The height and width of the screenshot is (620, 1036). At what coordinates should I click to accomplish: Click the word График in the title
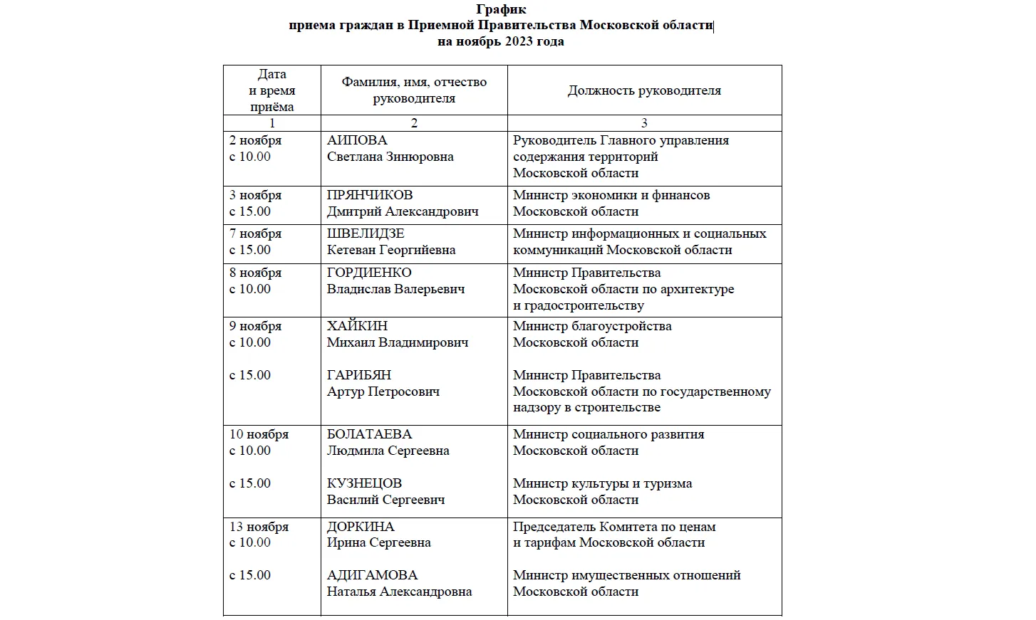[501, 9]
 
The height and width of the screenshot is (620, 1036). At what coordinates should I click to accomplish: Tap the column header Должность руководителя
[644, 90]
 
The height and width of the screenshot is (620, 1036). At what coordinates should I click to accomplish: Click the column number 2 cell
[414, 123]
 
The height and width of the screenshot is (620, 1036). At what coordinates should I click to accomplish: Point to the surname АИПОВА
[356, 140]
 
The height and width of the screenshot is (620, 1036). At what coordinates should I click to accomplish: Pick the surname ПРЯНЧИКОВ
[369, 195]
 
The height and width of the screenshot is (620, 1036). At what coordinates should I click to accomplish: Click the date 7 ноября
[255, 233]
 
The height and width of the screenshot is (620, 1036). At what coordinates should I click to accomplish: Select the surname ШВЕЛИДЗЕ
[365, 233]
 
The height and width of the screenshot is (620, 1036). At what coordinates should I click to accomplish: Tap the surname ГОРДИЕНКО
[368, 273]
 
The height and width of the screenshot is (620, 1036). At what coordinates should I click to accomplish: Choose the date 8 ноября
[255, 273]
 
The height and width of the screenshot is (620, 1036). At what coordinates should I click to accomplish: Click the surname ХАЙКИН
[357, 326]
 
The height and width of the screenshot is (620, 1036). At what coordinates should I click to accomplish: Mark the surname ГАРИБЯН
[358, 375]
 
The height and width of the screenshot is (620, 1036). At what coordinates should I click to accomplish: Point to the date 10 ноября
[259, 434]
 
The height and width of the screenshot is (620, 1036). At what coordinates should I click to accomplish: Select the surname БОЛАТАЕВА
[369, 434]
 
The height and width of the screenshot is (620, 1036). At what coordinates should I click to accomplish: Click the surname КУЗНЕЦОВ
[364, 483]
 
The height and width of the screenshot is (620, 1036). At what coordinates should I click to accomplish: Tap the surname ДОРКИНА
[360, 527]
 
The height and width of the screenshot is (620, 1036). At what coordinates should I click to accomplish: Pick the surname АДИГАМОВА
[372, 575]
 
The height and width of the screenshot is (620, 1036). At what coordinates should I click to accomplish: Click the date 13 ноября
[259, 527]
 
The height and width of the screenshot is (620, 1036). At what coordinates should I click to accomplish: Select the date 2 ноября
[255, 140]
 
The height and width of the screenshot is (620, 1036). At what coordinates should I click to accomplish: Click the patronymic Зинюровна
[420, 157]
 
